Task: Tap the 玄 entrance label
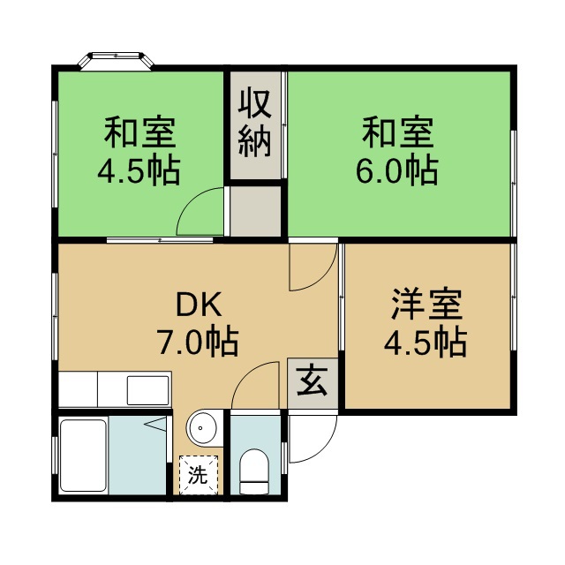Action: point(312,382)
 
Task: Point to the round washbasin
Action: point(202,430)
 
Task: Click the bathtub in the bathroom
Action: point(83,456)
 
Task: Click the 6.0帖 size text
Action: point(398,169)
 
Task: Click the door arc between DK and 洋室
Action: point(313,267)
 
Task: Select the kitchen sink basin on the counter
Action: point(147,388)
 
